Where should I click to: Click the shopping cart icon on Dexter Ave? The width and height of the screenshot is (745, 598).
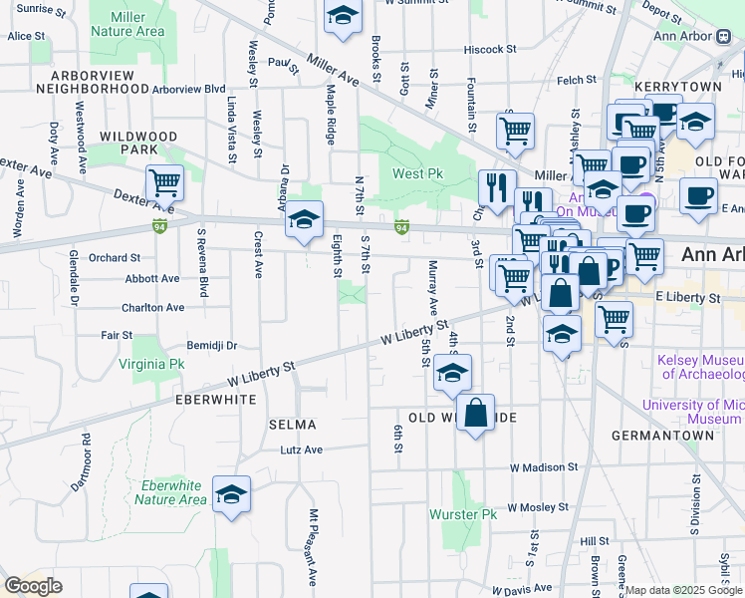click(164, 183)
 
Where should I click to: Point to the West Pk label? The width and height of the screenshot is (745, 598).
click(417, 173)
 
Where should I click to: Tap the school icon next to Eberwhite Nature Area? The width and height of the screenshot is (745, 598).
click(231, 494)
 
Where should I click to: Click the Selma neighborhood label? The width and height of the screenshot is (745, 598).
click(292, 425)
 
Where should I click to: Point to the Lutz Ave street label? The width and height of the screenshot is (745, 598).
click(301, 449)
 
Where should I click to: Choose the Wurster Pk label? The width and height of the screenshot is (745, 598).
click(462, 514)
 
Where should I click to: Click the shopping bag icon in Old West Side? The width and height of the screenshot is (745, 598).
click(476, 413)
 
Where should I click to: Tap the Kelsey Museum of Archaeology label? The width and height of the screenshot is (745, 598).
click(699, 367)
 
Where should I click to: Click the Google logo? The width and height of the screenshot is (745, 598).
click(33, 585)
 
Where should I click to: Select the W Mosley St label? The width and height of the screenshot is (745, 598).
click(537, 506)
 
